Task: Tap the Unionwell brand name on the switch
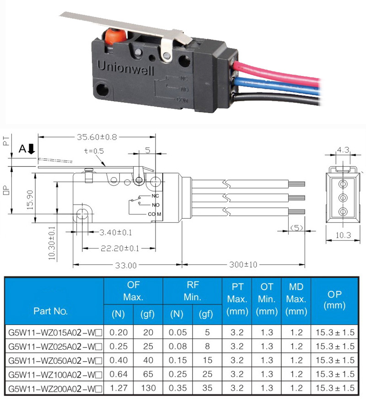(125, 68)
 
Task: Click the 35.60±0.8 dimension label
(97, 137)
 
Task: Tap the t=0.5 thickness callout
(94, 151)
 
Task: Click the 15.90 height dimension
(30, 200)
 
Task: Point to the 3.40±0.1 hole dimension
(116, 232)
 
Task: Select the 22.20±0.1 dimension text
(119, 248)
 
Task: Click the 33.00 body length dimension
(126, 265)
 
